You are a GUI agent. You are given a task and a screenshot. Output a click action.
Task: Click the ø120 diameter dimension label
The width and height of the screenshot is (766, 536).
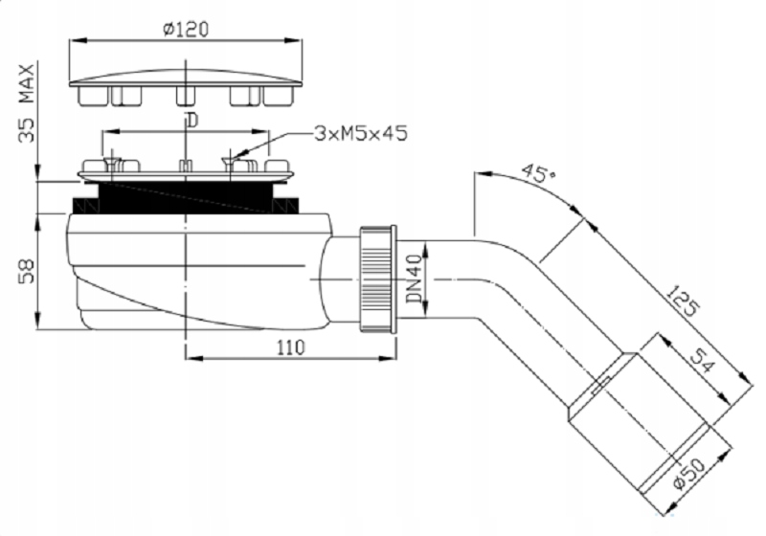[x=186, y=30]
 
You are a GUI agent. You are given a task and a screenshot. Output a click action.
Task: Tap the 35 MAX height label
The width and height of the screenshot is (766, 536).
[x=27, y=103]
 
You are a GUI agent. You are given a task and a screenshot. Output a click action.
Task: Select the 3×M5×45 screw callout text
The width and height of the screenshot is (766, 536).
[x=361, y=133]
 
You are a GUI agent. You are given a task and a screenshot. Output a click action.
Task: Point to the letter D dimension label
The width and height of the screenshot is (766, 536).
[x=192, y=120]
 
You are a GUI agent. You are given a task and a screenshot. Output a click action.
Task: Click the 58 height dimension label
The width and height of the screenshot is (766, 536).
[x=27, y=272]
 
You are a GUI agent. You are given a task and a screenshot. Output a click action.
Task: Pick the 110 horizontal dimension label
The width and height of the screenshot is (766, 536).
[x=291, y=347]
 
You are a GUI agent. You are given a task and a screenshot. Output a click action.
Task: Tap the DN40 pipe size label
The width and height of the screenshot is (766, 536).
[x=415, y=279]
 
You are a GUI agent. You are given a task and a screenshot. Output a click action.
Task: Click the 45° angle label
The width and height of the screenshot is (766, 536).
[x=539, y=173]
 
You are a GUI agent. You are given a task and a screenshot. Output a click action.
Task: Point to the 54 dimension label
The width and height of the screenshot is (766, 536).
[x=703, y=360]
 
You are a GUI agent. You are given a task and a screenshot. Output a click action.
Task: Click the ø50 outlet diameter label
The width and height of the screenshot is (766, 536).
[x=688, y=473]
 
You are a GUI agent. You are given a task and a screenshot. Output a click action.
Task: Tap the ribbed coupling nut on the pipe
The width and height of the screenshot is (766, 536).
[x=378, y=279]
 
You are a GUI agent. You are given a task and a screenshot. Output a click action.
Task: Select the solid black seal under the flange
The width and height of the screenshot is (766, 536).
[x=186, y=197]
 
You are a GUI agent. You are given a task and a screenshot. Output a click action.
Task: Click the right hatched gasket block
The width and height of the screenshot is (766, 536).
[x=285, y=206]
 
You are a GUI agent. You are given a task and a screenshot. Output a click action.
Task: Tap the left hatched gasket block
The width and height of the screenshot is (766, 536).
[x=86, y=206]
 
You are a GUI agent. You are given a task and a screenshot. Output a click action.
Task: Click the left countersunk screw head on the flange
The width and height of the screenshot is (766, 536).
[x=112, y=162]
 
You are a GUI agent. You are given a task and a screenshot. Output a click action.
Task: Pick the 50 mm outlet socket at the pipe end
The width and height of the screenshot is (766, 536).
[x=650, y=421]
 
